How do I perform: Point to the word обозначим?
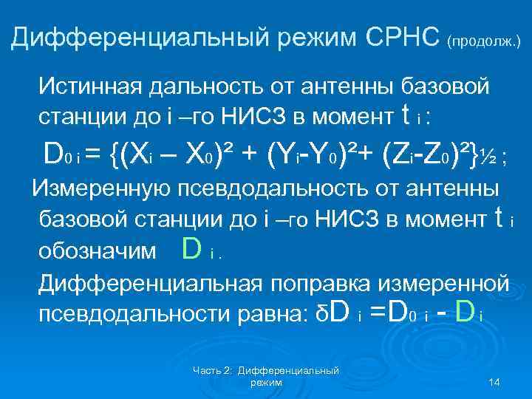pos(96,252)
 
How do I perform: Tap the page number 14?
pos(495,381)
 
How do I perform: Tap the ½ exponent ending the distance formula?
pos(486,156)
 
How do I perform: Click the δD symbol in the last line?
pos(332,313)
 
